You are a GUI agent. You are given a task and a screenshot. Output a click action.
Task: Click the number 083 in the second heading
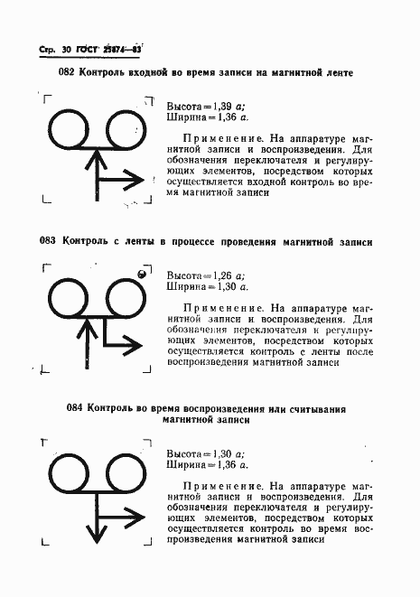pyautogui.click(x=49, y=241)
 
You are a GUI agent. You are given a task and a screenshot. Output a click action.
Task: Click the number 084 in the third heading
pyautogui.click(x=77, y=408)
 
